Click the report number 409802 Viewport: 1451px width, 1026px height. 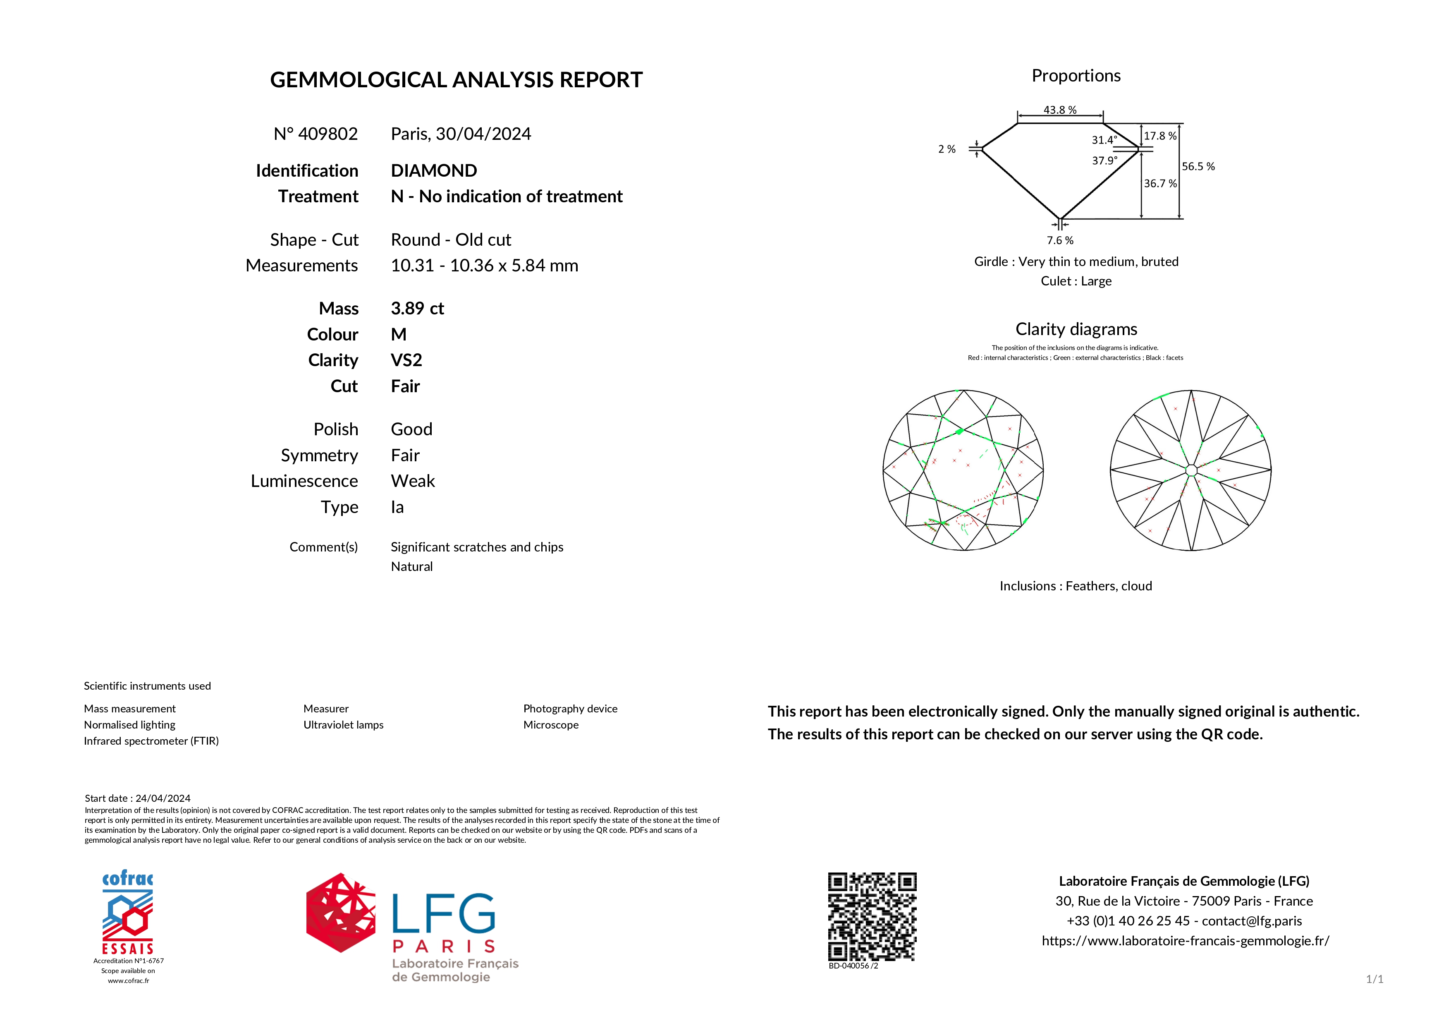(x=327, y=134)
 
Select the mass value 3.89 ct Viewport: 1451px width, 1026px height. (x=417, y=309)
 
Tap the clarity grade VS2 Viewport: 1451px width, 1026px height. (x=406, y=360)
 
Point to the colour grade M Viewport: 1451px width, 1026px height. (x=399, y=334)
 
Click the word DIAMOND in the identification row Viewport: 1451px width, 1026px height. (x=433, y=171)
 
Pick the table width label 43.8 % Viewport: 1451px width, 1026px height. (x=1060, y=110)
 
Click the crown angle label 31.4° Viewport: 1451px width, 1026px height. (x=1104, y=140)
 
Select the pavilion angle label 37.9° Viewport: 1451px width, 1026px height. (x=1104, y=161)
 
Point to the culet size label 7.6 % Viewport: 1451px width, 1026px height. (x=1060, y=241)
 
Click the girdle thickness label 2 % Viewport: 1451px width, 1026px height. (x=947, y=149)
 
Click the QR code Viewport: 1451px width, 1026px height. (x=872, y=917)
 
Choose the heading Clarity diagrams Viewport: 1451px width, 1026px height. (x=1076, y=329)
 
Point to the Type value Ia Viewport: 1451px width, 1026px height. (x=397, y=507)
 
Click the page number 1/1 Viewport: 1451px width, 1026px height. (x=1375, y=979)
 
